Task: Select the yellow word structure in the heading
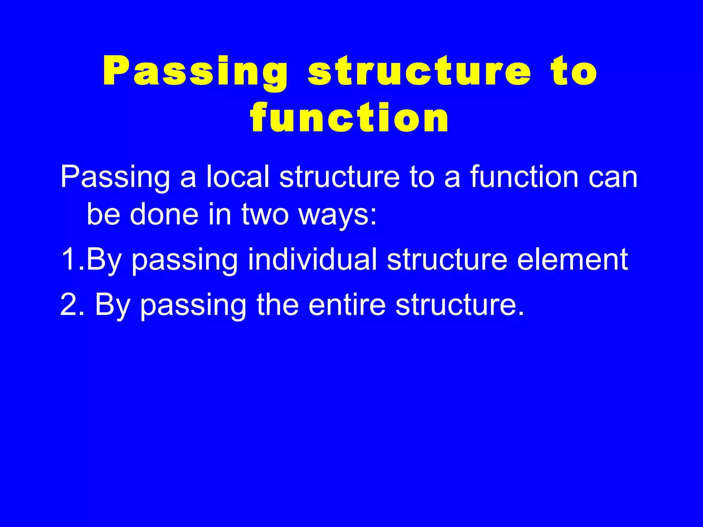tap(419, 71)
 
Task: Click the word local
tap(238, 177)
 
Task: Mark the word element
tap(573, 260)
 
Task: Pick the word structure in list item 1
tap(447, 260)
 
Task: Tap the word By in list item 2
tap(112, 305)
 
